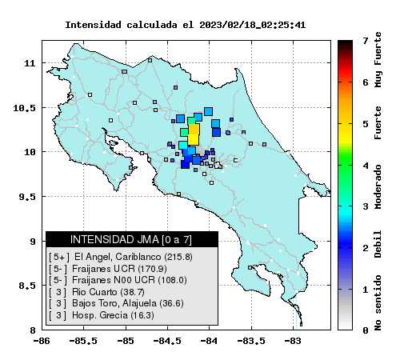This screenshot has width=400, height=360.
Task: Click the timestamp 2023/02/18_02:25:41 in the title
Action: click(x=252, y=25)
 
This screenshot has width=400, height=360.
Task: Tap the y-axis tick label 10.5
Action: click(x=24, y=108)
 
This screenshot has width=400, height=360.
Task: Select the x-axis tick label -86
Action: click(x=42, y=341)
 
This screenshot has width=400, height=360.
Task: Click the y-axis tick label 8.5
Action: click(x=27, y=286)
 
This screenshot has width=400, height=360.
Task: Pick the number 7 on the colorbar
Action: click(x=366, y=41)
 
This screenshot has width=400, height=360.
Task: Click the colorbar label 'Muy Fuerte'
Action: click(x=378, y=59)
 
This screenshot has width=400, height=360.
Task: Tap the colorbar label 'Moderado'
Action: click(x=378, y=186)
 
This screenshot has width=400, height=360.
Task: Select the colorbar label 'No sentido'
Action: click(x=378, y=302)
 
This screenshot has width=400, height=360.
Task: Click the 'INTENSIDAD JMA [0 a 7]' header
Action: click(x=131, y=239)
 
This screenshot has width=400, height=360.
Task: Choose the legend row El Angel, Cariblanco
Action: click(x=121, y=257)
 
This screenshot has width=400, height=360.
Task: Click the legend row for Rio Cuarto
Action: click(x=97, y=292)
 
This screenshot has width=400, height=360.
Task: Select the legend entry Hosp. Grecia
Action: click(x=102, y=315)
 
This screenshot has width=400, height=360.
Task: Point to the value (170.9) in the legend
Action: click(x=152, y=269)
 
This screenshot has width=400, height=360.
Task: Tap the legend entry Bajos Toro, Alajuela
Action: click(x=116, y=303)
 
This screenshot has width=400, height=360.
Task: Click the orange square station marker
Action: click(x=194, y=129)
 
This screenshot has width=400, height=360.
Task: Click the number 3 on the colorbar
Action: click(x=366, y=206)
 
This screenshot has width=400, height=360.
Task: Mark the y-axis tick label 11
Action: click(x=30, y=63)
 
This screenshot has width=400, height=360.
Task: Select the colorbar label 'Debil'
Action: click(x=378, y=244)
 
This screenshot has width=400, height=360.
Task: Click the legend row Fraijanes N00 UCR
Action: click(x=118, y=280)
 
